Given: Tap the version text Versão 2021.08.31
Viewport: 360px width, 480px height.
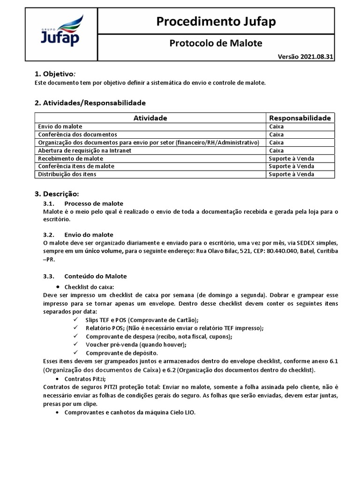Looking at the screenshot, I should click(306, 57).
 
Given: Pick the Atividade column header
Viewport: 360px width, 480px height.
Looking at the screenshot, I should click(150, 118).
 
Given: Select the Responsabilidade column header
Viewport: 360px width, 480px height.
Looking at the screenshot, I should click(300, 118).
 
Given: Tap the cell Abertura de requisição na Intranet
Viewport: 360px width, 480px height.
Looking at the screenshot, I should click(84, 150).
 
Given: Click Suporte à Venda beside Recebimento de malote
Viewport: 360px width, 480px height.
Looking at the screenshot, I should click(291, 158).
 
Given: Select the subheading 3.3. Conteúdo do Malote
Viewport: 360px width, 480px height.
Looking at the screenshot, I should click(85, 276).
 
